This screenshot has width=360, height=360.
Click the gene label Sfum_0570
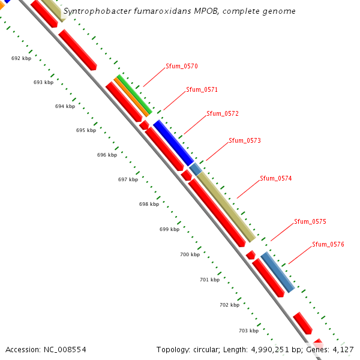pyautogui.click(x=182, y=66)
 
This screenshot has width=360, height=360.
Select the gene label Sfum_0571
pyautogui.click(x=202, y=89)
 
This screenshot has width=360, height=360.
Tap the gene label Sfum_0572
pyautogui.click(x=223, y=113)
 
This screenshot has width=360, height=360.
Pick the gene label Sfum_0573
pyautogui.click(x=245, y=140)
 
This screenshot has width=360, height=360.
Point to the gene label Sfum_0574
pyautogui.click(x=276, y=178)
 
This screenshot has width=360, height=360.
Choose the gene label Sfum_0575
pyautogui.click(x=310, y=221)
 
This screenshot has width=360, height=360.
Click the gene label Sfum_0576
pyautogui.click(x=328, y=244)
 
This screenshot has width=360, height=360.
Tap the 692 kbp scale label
pyautogui.click(x=22, y=58)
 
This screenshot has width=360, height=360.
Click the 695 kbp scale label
pyautogui.click(x=86, y=130)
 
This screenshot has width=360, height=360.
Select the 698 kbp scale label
pyautogui.click(x=149, y=204)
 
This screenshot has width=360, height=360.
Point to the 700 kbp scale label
pyautogui.click(x=190, y=254)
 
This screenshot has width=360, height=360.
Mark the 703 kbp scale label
pyautogui.click(x=248, y=331)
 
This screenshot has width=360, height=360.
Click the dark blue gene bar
pyautogui.click(x=173, y=143)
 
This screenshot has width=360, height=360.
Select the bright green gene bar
pyautogui.click(x=135, y=94)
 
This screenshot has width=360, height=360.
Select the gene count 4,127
pyautogui.click(x=343, y=349)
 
